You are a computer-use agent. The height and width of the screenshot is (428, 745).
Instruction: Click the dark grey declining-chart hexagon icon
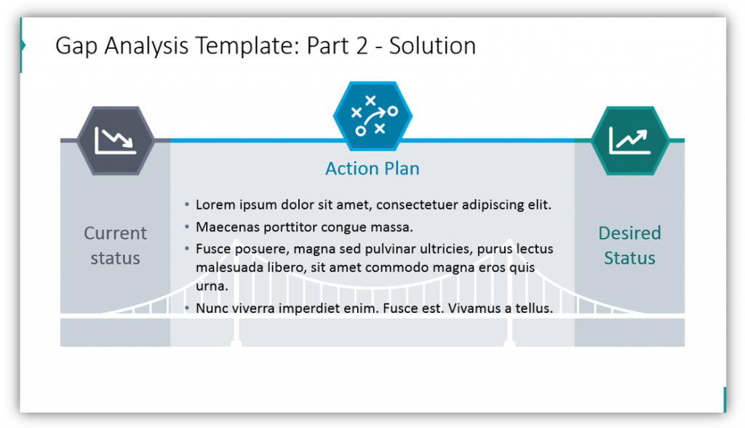click(x=116, y=140)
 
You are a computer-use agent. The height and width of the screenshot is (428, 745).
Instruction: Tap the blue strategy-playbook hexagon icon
click(x=372, y=116)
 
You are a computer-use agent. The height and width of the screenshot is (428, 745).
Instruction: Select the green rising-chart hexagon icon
click(x=630, y=140)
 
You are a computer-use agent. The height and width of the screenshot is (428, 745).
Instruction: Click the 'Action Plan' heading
click(x=372, y=169)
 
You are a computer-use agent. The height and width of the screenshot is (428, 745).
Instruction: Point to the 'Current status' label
click(x=116, y=245)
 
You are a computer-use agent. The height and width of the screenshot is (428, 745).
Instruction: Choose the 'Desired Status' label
click(x=629, y=245)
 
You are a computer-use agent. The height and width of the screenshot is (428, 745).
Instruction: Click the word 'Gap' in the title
click(x=77, y=47)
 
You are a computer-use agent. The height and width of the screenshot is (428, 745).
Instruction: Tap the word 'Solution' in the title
click(x=432, y=46)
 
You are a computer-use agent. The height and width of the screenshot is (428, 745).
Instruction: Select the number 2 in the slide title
click(x=362, y=46)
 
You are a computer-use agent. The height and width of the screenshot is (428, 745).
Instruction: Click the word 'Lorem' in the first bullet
click(x=215, y=205)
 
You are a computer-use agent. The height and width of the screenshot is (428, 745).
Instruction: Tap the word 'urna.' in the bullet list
click(x=212, y=286)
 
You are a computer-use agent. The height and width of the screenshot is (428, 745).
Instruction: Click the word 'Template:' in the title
click(x=247, y=46)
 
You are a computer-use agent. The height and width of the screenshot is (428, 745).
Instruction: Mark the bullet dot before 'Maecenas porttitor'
click(x=187, y=227)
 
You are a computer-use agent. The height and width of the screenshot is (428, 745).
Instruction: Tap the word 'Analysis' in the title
click(x=146, y=47)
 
